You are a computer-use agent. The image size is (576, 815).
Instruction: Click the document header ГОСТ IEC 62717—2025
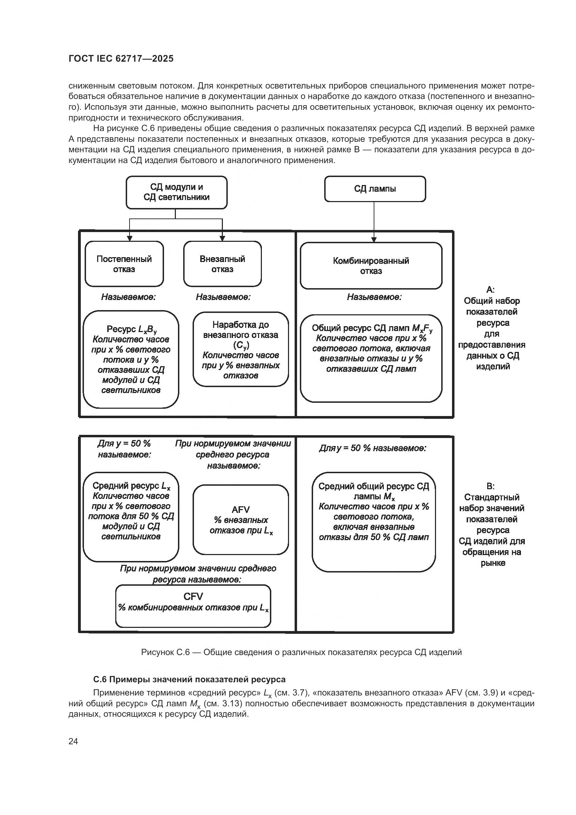coord(121,59)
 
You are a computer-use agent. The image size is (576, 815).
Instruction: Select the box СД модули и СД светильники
coord(176,192)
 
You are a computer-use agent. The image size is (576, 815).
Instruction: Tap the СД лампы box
coord(375,189)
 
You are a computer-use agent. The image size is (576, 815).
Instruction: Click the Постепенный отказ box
coord(124,264)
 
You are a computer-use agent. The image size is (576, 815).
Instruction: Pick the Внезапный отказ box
coord(223,264)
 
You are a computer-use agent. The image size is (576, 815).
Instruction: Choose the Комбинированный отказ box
coord(371,266)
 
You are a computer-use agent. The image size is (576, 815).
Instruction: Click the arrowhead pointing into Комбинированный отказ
coord(374,239)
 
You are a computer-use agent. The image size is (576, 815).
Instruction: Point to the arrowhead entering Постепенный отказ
coord(130,238)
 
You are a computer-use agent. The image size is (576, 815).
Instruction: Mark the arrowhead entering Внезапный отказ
coord(223,238)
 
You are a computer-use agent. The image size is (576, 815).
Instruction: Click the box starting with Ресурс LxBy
coord(131,359)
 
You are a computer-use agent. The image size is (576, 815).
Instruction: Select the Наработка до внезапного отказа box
coord(241,349)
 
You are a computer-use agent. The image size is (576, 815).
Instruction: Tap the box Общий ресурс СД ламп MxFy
coord(371,358)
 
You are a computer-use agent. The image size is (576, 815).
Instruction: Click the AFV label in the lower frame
coord(241,509)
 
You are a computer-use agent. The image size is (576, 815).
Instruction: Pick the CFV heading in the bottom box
coord(193,596)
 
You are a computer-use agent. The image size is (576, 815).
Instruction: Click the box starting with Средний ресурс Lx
coord(131,516)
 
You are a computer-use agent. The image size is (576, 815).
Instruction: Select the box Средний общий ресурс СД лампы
coord(373,522)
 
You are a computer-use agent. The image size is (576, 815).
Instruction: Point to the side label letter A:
coord(491,290)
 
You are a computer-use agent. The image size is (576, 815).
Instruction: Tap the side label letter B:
coord(491,486)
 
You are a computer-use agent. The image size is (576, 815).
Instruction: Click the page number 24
coord(73,741)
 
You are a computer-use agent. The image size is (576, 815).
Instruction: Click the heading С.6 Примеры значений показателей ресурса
coord(189,679)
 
